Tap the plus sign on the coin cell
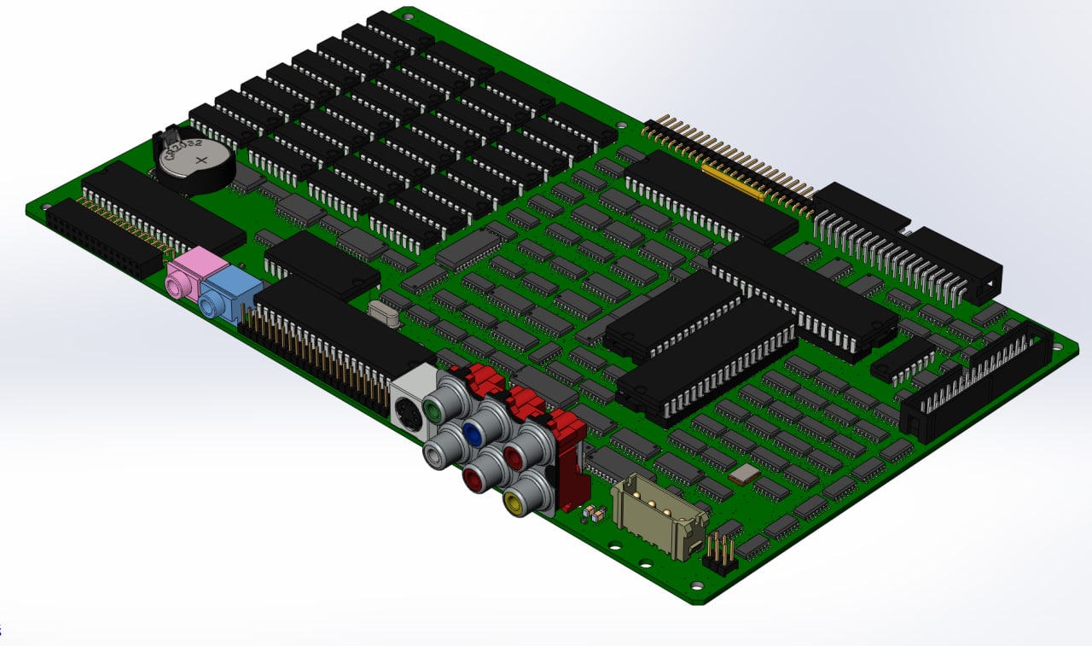(x=200, y=160)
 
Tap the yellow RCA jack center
(x=513, y=501)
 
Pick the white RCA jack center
(x=433, y=455)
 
